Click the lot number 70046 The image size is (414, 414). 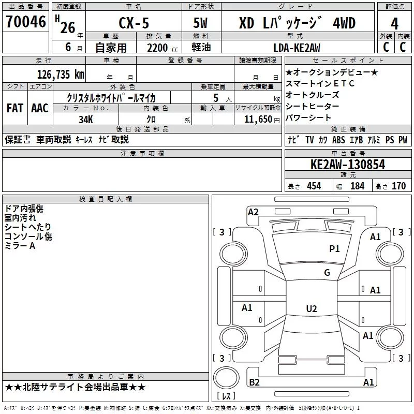26,21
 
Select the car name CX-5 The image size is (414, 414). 134,23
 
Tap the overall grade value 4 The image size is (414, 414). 394,23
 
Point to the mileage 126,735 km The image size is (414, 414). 61,74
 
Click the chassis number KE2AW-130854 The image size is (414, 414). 348,165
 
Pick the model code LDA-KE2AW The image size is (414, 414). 297,48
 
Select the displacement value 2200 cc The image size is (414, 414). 162,48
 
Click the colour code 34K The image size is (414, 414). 86,120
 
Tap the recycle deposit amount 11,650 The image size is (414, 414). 258,119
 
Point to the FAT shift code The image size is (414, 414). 15,108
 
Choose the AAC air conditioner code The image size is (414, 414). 40,108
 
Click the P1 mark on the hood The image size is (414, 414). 334,248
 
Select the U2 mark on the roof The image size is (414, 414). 312,308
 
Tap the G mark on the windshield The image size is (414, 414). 327,272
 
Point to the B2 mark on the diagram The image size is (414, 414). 254,382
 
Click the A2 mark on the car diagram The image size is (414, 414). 253,212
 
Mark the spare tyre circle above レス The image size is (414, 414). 226,377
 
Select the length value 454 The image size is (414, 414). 314,186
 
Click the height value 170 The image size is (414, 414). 398,186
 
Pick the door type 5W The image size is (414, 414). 200,23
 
